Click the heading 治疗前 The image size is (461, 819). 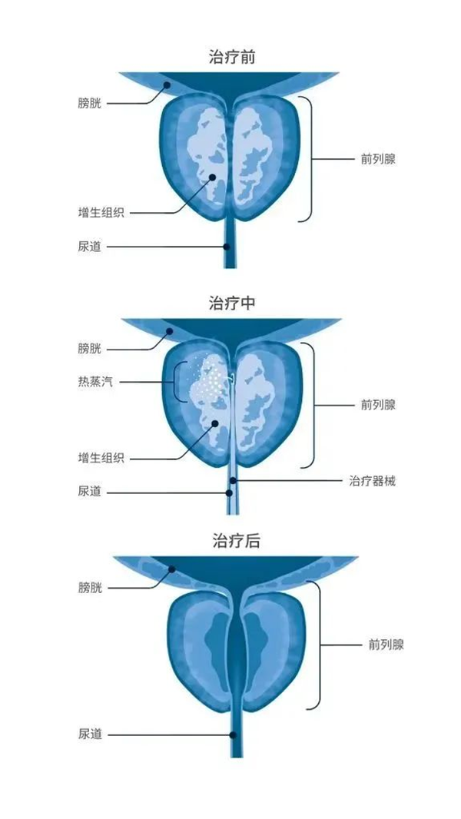(x=232, y=56)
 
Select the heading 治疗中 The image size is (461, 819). (x=232, y=303)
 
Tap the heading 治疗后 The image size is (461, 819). (x=236, y=541)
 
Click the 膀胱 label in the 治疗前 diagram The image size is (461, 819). (x=89, y=104)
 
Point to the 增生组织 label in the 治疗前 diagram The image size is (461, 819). (x=101, y=213)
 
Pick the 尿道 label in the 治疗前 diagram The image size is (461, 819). (x=89, y=247)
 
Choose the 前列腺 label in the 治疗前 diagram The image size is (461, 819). (x=378, y=159)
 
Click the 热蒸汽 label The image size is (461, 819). (x=95, y=383)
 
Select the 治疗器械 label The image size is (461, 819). (x=372, y=480)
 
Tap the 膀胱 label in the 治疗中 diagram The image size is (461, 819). (x=89, y=348)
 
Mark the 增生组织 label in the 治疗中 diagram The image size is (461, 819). (x=101, y=459)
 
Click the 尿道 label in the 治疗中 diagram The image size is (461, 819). (x=89, y=492)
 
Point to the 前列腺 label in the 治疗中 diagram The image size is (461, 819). (x=378, y=405)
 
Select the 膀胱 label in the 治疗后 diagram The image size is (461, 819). (x=89, y=589)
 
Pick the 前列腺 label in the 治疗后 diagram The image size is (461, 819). (x=386, y=645)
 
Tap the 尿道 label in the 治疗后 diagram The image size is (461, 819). (x=89, y=734)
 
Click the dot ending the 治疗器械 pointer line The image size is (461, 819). (x=233, y=480)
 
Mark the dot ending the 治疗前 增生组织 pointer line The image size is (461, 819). (x=213, y=177)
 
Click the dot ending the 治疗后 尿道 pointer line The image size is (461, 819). (x=233, y=735)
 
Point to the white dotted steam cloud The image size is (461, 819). (x=209, y=375)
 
